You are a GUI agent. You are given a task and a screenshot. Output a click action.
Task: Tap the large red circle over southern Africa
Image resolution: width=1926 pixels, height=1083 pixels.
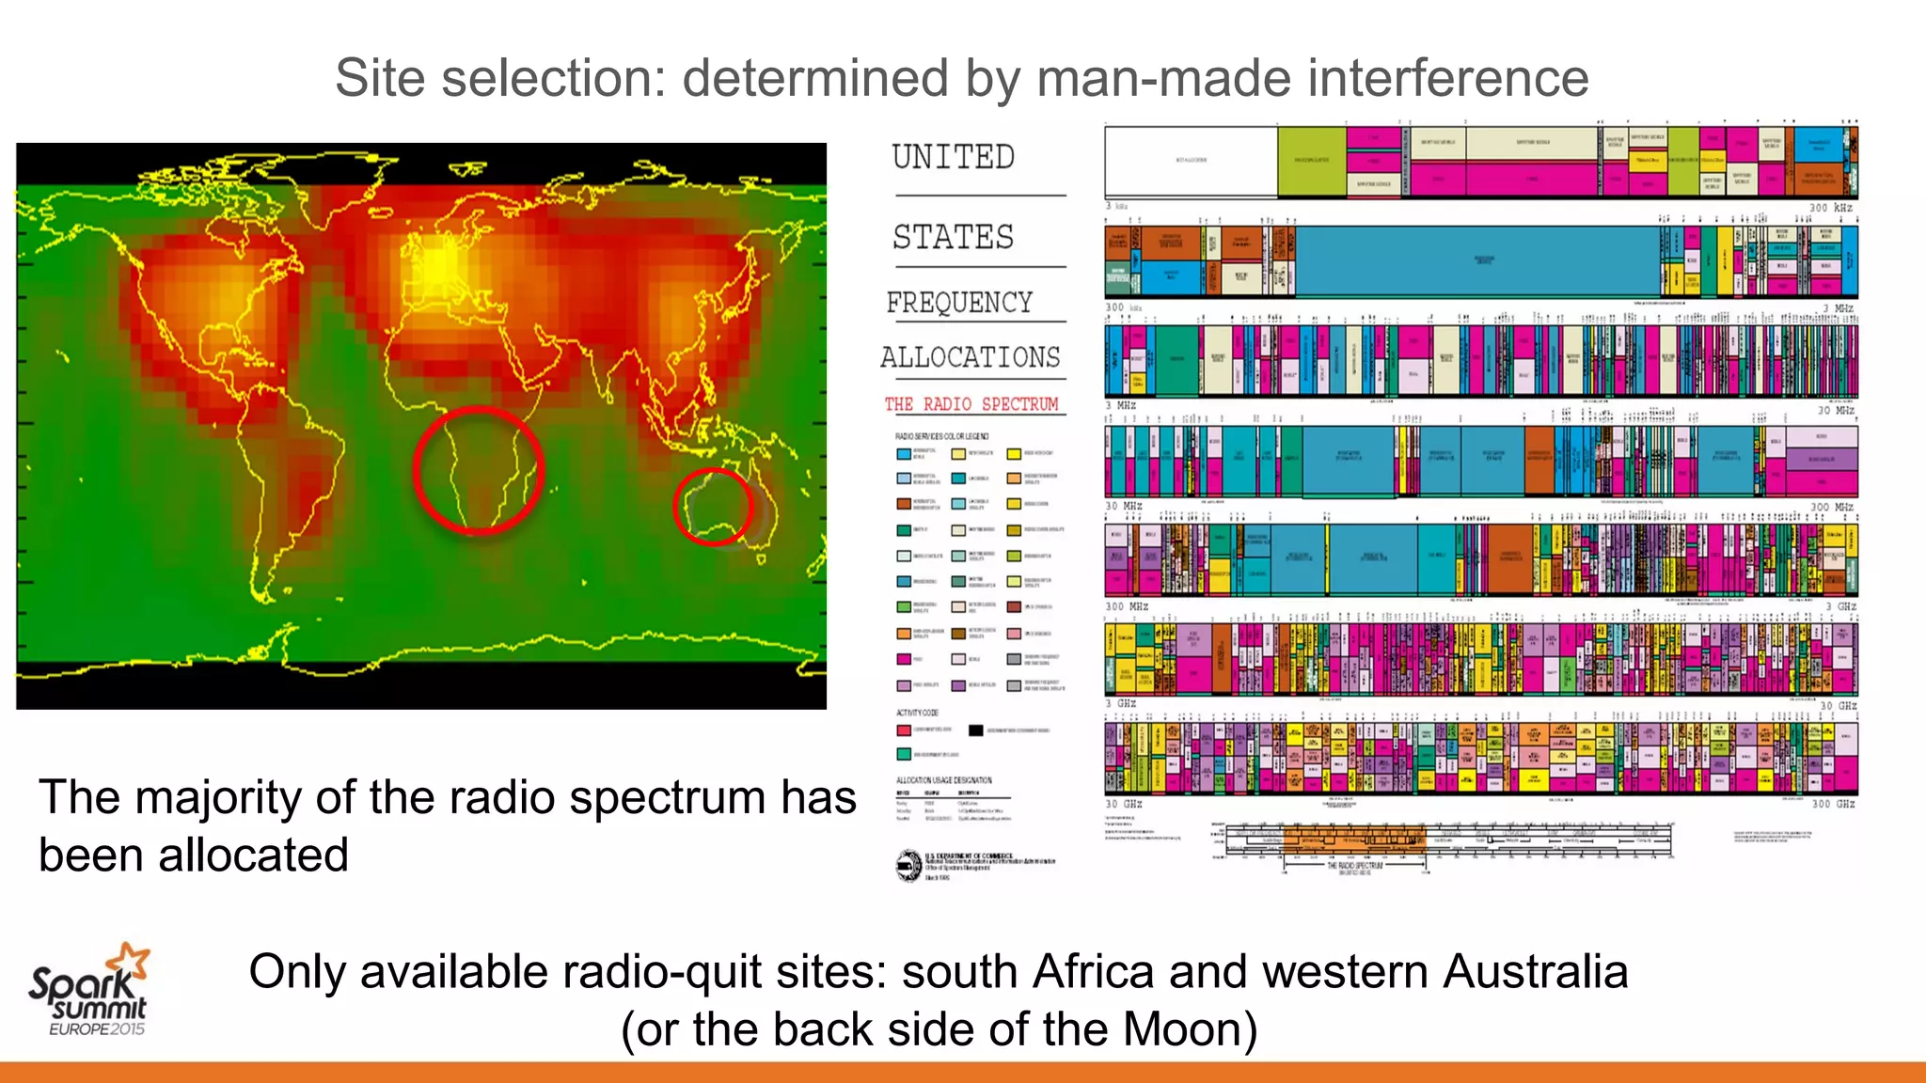coord(479,470)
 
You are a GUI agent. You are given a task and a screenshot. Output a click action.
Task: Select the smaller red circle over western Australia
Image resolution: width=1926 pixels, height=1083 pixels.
coord(714,507)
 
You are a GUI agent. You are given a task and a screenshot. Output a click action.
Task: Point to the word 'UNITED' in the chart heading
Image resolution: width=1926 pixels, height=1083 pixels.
coord(954,157)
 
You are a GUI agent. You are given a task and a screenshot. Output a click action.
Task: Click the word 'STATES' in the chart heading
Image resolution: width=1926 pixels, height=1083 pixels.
coord(954,237)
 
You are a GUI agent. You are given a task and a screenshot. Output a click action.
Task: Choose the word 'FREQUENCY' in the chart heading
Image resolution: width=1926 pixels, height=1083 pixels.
coord(959,303)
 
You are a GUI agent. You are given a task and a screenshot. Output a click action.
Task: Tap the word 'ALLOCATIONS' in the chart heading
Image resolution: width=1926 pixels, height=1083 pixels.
coord(971,357)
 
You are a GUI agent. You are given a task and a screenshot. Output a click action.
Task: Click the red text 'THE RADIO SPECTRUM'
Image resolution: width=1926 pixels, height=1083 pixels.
coord(971,404)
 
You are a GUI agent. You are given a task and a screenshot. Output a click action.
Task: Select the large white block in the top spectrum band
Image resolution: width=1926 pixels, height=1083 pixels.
coord(1191,161)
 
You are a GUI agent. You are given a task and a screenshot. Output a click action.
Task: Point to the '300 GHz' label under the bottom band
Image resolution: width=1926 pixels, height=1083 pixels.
coord(1833,804)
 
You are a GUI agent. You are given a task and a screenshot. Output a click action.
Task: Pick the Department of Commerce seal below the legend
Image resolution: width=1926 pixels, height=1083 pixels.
coord(908,865)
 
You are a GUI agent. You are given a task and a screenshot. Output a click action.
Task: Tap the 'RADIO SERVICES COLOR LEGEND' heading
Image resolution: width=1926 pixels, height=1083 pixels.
coord(941,436)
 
